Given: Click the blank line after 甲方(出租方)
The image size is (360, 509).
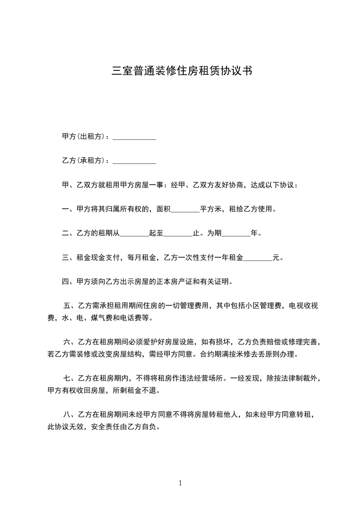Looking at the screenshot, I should (x=134, y=137).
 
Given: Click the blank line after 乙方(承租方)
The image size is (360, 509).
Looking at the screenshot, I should (x=134, y=161).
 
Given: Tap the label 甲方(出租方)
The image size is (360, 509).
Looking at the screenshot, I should (x=85, y=137).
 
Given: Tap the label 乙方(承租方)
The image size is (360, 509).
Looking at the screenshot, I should (x=85, y=161).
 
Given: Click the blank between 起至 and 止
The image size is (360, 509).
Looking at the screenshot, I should (x=178, y=234).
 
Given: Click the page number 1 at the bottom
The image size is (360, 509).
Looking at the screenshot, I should (x=180, y=483).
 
